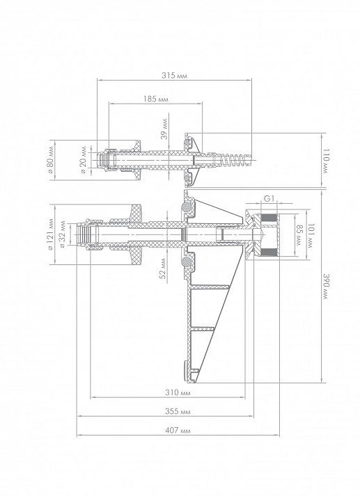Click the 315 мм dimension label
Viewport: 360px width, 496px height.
coord(175,76)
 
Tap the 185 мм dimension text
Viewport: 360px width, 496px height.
coord(156,99)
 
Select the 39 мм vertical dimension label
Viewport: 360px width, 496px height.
coord(164,129)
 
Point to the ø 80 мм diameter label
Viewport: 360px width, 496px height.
coord(51,159)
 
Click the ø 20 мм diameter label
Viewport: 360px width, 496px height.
coord(84,159)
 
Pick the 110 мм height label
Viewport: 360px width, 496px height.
coord(326,161)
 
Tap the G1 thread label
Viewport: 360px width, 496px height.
coord(269,199)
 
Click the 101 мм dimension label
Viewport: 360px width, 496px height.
coord(311,236)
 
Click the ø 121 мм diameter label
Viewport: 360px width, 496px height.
coord(51,234)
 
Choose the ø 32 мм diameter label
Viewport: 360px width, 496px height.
coord(62,234)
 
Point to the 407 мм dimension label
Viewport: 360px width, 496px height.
coord(178,431)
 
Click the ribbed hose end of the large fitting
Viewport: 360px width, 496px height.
coord(84,234)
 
